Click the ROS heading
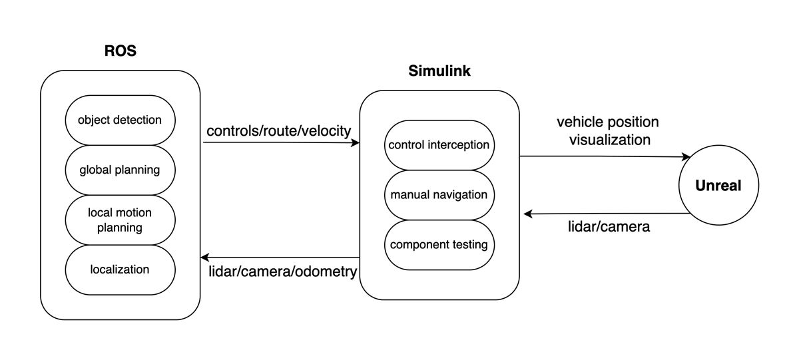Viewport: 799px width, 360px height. point(120,51)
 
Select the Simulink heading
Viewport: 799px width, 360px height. point(439,71)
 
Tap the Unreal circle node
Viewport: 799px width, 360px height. point(718,186)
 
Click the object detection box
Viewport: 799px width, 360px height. point(120,120)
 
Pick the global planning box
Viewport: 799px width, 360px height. point(120,170)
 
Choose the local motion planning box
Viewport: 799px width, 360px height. point(120,220)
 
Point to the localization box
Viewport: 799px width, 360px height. point(120,270)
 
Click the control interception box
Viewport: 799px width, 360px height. point(439,145)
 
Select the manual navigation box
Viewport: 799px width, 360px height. point(439,195)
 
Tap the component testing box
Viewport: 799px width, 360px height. point(439,245)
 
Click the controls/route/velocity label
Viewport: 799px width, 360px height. point(278,131)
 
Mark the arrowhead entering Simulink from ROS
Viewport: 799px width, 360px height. point(356,142)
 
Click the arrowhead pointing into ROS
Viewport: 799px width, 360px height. point(205,257)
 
